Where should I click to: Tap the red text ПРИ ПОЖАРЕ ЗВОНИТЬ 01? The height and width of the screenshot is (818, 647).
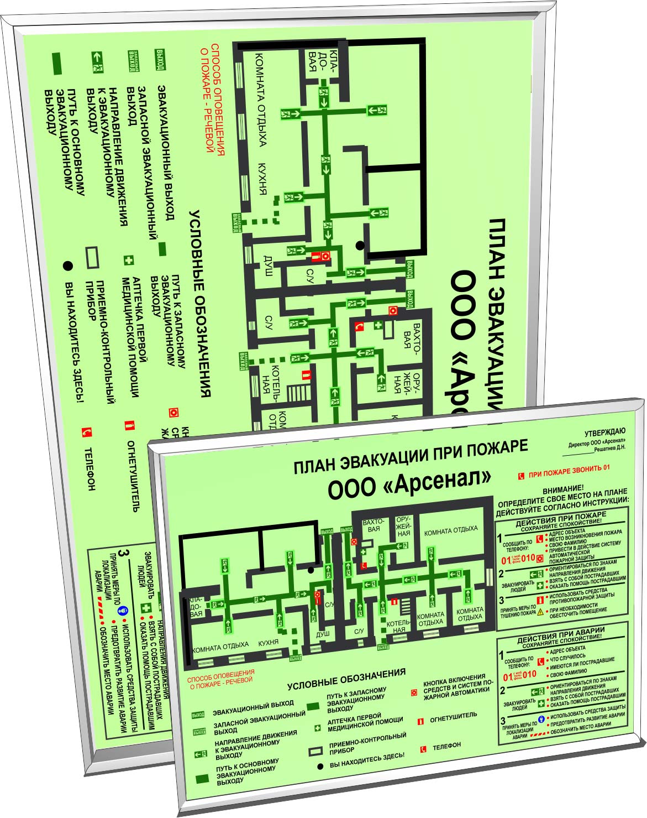(x=569, y=470)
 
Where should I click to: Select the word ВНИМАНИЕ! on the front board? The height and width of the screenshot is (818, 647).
(x=563, y=489)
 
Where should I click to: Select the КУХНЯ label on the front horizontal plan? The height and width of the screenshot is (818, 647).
(x=268, y=643)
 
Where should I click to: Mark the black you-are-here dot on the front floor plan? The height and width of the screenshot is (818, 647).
(x=311, y=570)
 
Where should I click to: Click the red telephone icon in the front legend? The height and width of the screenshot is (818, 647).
(x=423, y=749)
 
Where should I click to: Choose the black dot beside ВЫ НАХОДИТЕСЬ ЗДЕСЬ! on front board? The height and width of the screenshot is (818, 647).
(x=319, y=768)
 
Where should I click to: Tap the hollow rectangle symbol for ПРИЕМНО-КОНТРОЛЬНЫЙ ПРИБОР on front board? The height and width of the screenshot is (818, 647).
(x=315, y=752)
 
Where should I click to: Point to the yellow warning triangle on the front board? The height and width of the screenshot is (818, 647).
(x=540, y=612)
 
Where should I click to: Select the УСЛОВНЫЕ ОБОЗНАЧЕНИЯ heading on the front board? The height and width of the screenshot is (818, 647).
(x=346, y=679)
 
